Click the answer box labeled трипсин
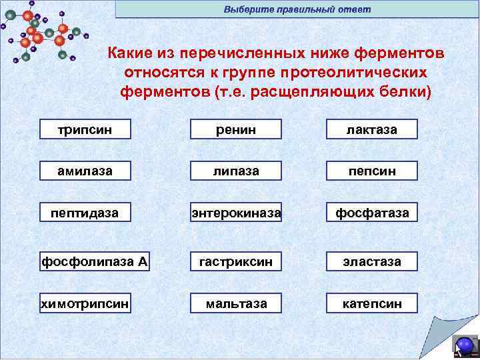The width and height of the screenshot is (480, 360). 85,129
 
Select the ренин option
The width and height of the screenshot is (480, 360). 237,129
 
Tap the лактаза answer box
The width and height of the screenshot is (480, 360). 372,129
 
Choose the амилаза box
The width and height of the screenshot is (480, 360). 85,171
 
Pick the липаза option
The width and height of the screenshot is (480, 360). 237,171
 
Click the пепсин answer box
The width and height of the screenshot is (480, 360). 372,171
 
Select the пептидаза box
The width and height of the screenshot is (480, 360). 85,213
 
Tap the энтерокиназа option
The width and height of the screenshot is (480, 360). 237,213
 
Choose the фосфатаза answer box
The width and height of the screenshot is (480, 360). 372,213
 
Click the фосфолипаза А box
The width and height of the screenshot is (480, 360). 94,261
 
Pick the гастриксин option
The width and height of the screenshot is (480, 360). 237,261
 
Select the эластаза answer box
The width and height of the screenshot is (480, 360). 372,261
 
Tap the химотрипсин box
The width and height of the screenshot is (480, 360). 85,303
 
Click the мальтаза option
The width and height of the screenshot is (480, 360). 237,303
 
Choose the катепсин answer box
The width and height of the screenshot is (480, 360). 372,303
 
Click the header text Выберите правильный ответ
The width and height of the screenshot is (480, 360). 297,9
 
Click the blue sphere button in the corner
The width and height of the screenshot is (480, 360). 465,345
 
